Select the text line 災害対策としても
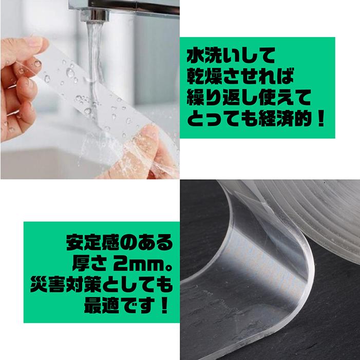coord(120,286)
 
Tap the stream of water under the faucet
coord(96,56)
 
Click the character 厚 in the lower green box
coord(75,264)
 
